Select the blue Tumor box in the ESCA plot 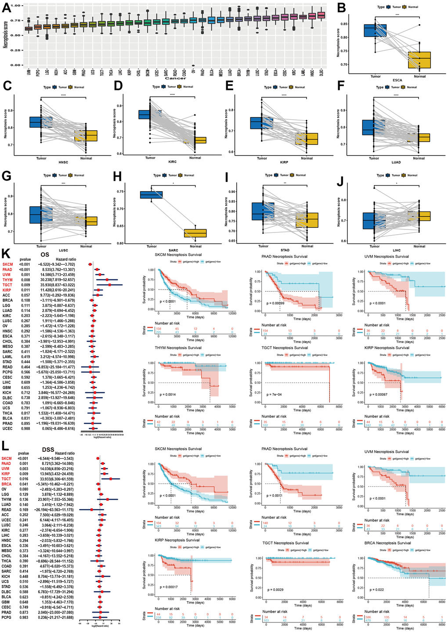376,30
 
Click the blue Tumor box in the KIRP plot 262,123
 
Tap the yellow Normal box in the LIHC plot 419,216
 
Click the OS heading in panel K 45,254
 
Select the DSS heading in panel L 48,449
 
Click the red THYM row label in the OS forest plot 7,280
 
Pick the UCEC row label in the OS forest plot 7,428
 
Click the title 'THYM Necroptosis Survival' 178,348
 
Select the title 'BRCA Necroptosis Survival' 387,543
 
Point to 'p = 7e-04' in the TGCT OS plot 274,394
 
